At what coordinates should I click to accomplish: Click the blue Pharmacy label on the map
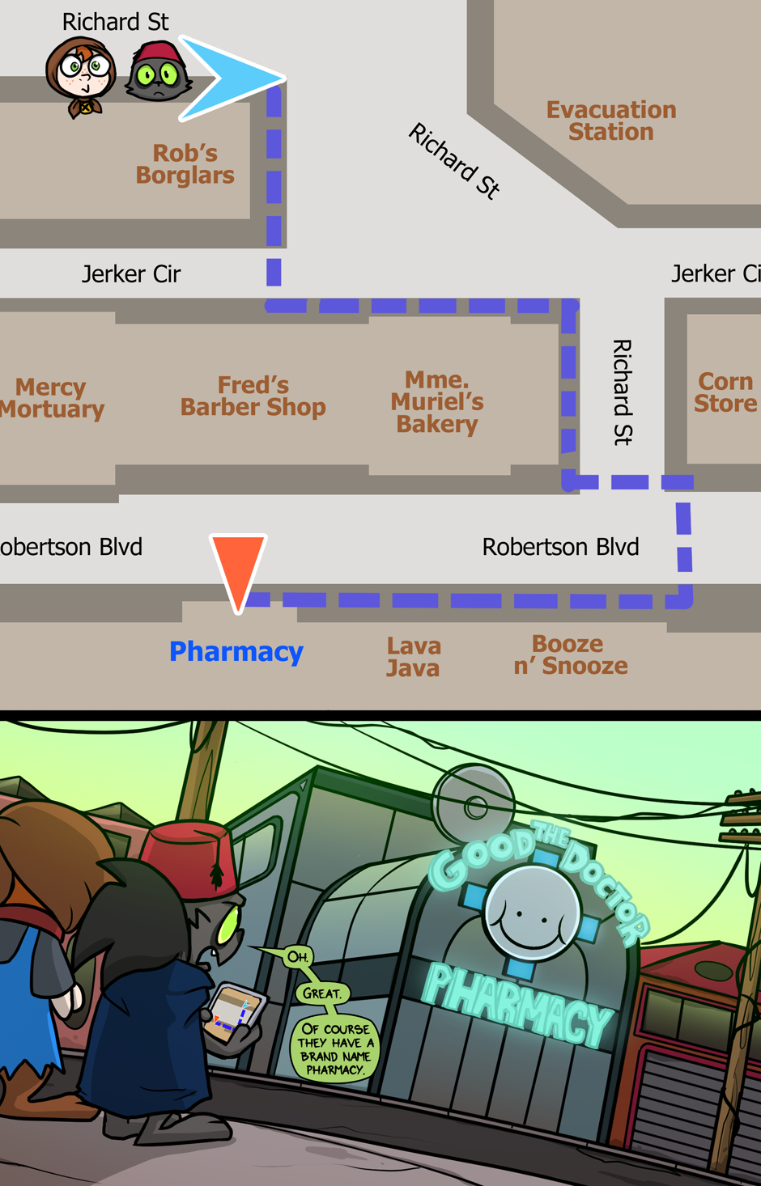tap(236, 651)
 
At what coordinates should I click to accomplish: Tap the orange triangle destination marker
tap(238, 566)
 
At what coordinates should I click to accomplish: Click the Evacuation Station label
tap(611, 121)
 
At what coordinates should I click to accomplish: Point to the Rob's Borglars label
tap(185, 164)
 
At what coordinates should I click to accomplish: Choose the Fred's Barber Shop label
tap(253, 396)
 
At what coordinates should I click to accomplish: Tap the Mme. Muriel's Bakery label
tap(437, 402)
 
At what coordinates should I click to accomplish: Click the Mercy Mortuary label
tap(52, 398)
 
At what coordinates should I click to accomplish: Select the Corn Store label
tap(725, 392)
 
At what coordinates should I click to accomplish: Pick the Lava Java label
tap(413, 657)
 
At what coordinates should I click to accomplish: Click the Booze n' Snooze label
tap(571, 654)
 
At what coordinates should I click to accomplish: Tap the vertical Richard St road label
tap(622, 392)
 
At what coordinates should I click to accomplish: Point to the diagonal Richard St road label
tap(454, 160)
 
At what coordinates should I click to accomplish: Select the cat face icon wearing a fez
tap(159, 74)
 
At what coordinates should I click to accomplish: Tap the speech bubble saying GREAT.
tap(322, 993)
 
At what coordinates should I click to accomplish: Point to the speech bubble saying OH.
tap(297, 957)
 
